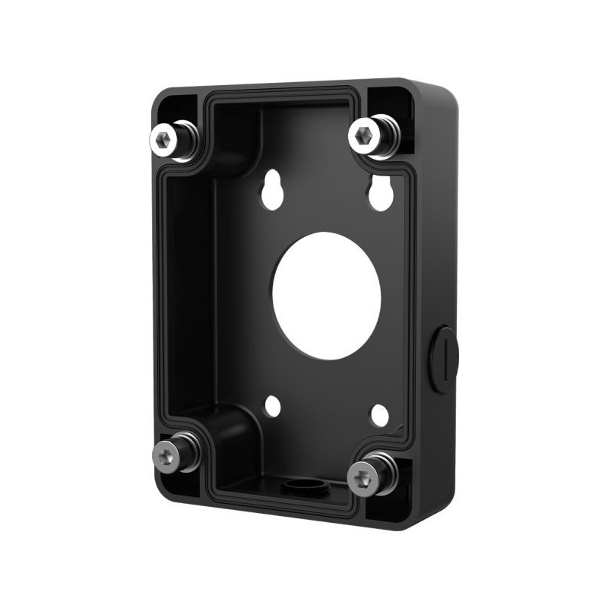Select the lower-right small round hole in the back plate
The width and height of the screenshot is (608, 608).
tap(380, 414)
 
